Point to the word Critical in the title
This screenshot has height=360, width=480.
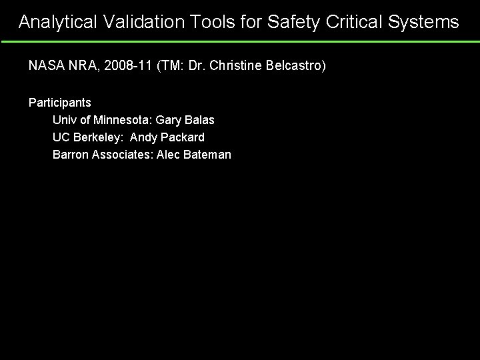tap(351, 22)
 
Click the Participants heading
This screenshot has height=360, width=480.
tap(60, 103)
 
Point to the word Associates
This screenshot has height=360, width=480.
tap(120, 155)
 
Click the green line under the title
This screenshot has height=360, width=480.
tap(240, 41)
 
